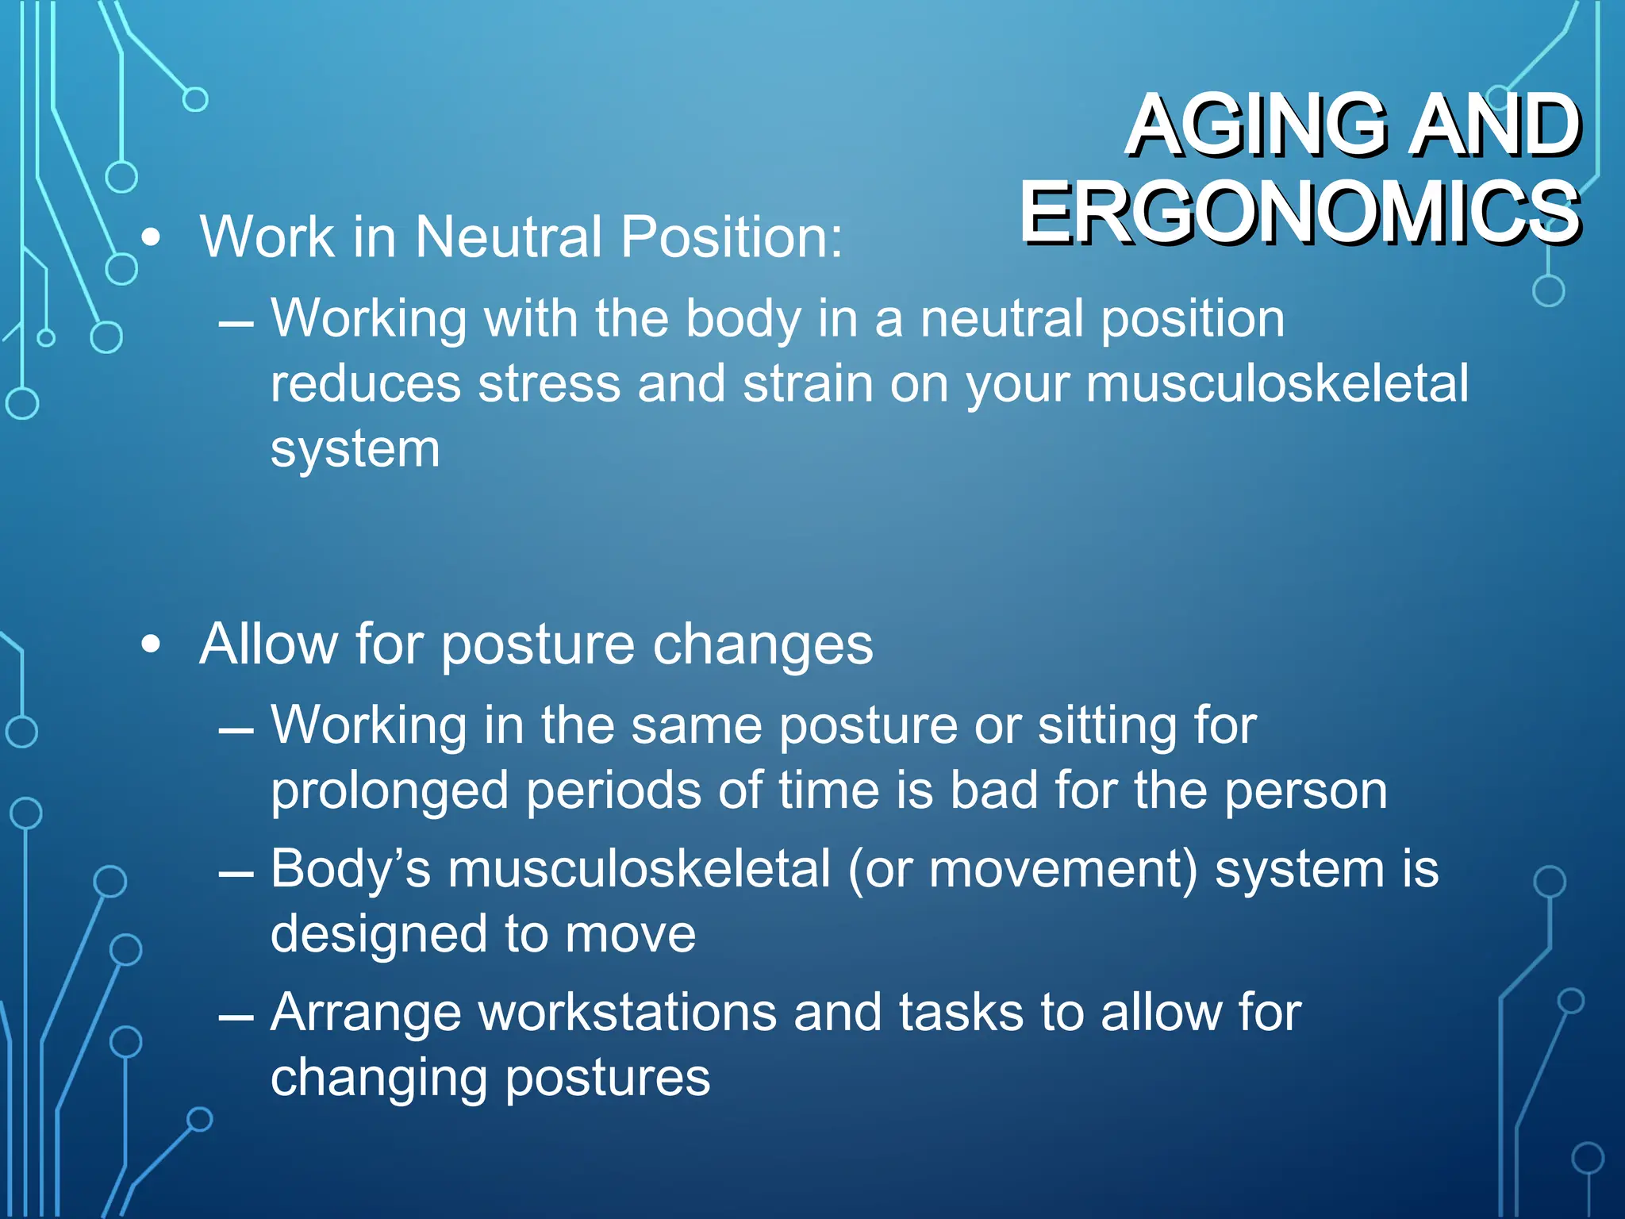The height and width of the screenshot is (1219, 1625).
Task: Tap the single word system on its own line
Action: [x=355, y=450]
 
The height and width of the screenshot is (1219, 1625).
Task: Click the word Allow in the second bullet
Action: [x=269, y=644]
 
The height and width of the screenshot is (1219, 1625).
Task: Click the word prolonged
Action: [x=389, y=792]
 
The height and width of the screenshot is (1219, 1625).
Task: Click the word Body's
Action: [x=350, y=869]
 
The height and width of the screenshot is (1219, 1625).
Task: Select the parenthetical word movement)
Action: [x=1063, y=869]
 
